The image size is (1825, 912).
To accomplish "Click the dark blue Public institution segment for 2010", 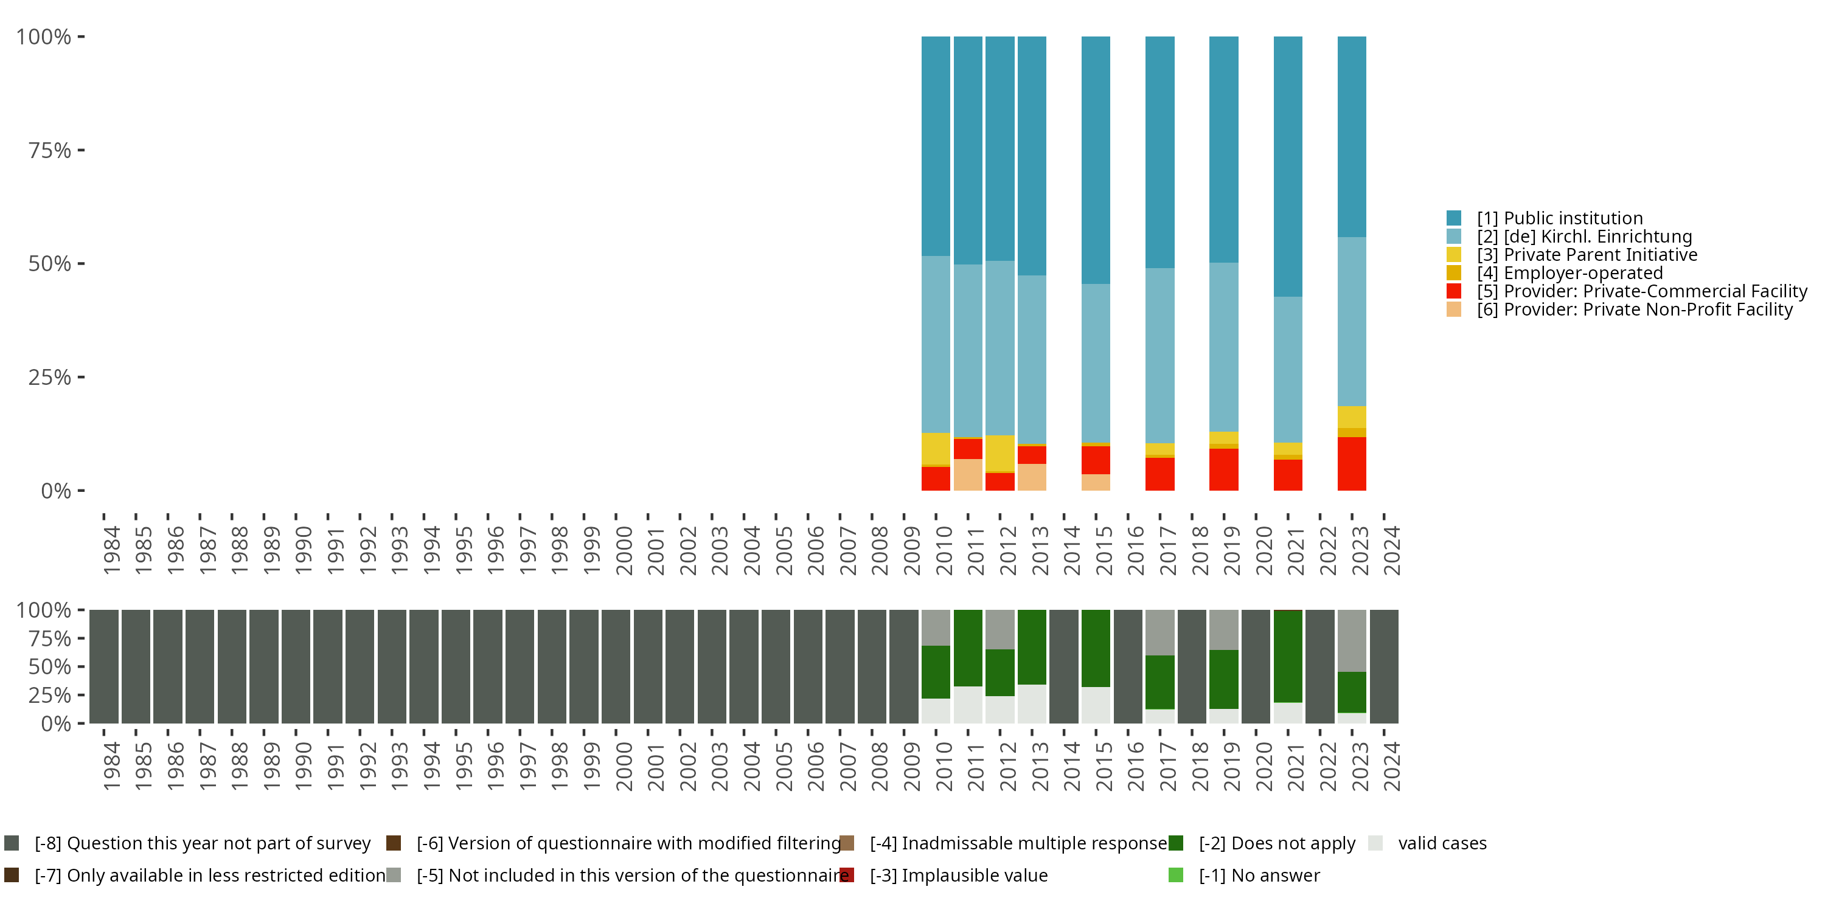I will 935,146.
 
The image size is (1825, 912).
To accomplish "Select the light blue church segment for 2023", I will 1351,322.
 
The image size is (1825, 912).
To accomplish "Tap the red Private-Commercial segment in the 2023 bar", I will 1351,464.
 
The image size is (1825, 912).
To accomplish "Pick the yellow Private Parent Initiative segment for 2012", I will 999,453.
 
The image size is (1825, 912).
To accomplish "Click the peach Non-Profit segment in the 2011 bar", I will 968,474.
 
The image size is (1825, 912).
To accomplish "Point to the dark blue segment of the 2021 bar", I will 1287,167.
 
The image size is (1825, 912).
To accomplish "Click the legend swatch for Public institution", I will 1454,218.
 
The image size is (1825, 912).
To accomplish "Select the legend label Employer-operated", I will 1583,274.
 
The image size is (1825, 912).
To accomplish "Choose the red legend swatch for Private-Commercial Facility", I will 1454,291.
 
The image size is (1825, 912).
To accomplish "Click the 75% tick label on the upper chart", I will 50,150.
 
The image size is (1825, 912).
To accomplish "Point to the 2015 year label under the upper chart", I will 1104,551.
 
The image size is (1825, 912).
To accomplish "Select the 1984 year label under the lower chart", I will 112,766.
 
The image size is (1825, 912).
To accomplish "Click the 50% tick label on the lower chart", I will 50,667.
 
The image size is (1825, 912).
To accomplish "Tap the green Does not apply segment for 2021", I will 1287,657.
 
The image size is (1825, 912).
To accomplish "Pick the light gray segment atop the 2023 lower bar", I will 1351,641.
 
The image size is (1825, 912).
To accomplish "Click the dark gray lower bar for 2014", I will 1063,666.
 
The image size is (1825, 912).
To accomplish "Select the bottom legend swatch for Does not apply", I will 1176,843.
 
